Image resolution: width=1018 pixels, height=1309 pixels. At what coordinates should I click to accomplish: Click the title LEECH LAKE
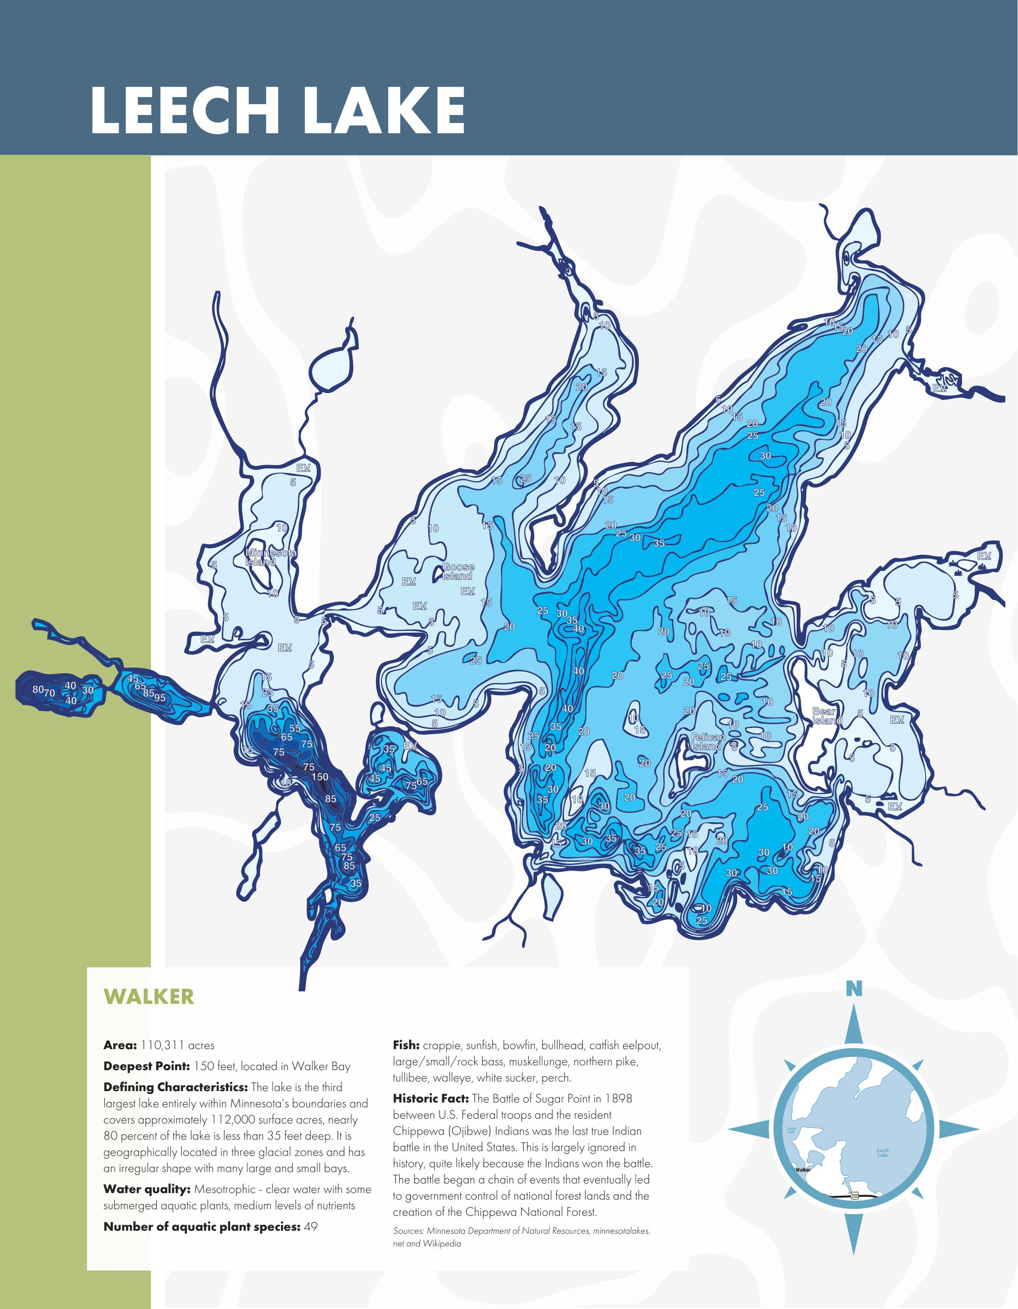[x=277, y=110]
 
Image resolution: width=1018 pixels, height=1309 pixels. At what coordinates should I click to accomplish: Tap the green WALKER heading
[x=149, y=996]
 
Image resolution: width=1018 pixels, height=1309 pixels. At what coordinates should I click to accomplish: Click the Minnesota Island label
[x=271, y=557]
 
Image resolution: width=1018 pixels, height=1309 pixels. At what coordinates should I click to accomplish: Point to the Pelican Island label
[x=708, y=742]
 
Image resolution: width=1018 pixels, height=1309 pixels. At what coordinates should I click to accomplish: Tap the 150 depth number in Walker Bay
[x=319, y=777]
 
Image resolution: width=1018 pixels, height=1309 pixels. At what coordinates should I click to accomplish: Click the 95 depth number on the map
[x=159, y=698]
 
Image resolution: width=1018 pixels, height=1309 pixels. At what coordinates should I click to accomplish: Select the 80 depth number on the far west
[x=38, y=690]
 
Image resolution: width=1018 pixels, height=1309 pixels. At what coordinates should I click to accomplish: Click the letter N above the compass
[x=854, y=989]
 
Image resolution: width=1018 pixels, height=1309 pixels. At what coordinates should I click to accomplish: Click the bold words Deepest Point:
[x=146, y=1066]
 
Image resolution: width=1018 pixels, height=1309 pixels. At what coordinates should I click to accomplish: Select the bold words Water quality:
[x=147, y=1189]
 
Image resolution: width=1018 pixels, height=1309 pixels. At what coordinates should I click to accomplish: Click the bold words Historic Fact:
[x=430, y=1099]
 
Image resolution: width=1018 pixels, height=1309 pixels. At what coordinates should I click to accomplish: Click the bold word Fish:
[x=406, y=1045]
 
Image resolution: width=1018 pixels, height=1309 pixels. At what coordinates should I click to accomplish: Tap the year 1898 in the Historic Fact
[x=618, y=1099]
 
